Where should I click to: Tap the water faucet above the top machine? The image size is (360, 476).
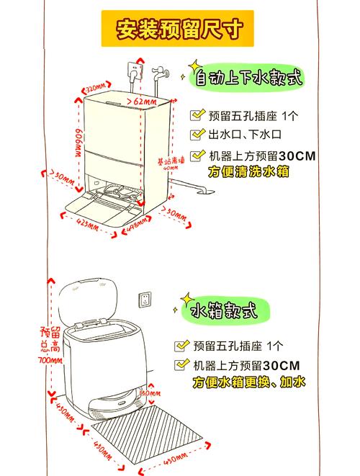tap(159, 72)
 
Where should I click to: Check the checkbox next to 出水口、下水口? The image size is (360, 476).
tap(197, 135)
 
